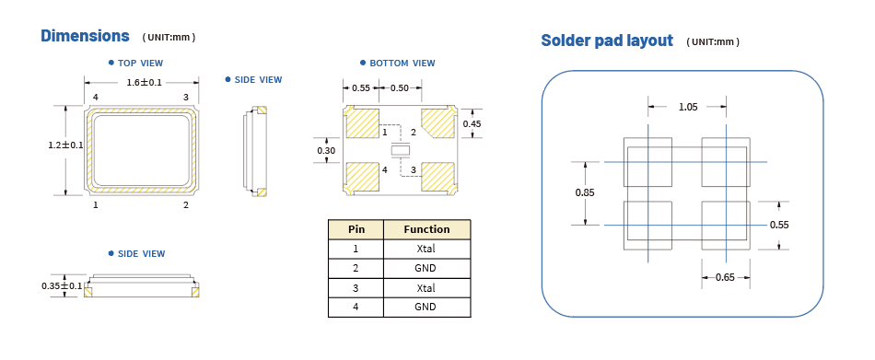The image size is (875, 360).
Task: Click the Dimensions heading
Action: coord(85,36)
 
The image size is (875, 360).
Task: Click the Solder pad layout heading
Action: coord(607,41)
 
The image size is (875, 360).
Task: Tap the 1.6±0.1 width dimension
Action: coord(145,82)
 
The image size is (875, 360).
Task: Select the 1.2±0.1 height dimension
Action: coord(65,145)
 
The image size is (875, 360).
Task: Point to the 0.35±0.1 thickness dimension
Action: coord(62,286)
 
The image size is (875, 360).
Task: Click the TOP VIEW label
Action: coord(141,63)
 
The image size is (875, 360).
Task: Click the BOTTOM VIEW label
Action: coord(402,63)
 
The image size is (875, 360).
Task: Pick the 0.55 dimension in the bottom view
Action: coord(361,87)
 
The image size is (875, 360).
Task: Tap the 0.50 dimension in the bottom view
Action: coord(400,87)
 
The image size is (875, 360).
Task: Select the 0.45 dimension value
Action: coord(472,123)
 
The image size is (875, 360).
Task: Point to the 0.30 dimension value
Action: coord(326,150)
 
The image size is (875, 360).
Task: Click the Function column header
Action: coord(426,229)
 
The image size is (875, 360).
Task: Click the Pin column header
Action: coord(356,229)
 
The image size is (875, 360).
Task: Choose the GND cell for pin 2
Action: coord(426,268)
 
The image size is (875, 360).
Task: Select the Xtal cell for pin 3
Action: coord(426,287)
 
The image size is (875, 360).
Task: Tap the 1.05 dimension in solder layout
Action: coord(688,107)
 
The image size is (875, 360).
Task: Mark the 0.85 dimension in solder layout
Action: coord(584,192)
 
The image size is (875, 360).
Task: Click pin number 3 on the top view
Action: coord(185,97)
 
